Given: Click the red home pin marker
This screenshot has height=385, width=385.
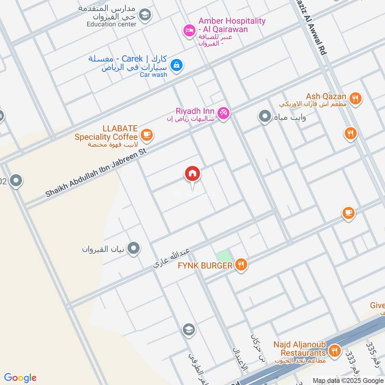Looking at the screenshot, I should (192, 175).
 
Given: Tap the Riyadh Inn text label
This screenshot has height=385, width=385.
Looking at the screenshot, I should (195, 111).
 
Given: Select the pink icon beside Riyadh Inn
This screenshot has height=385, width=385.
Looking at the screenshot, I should (223, 113).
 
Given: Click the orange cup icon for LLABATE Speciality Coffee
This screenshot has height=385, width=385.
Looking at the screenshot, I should (147, 134).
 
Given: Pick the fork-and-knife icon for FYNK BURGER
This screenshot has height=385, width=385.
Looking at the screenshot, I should (241, 264).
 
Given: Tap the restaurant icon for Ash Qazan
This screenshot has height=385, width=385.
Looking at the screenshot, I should (356, 99).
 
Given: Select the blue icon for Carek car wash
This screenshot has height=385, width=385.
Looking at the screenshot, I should (177, 64).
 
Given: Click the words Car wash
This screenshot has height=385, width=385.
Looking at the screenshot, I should (154, 75).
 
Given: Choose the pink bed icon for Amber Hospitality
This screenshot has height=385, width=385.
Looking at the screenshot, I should (189, 31).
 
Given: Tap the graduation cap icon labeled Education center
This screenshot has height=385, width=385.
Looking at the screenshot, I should (144, 16).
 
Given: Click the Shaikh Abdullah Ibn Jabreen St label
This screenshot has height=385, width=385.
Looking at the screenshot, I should (95, 171).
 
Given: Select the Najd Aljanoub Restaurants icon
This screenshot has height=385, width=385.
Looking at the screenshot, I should (335, 350).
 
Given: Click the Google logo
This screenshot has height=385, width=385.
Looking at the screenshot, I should (20, 377).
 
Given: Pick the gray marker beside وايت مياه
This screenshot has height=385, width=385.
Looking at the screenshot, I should (264, 116).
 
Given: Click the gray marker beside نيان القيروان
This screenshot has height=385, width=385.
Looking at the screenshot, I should (134, 248).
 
